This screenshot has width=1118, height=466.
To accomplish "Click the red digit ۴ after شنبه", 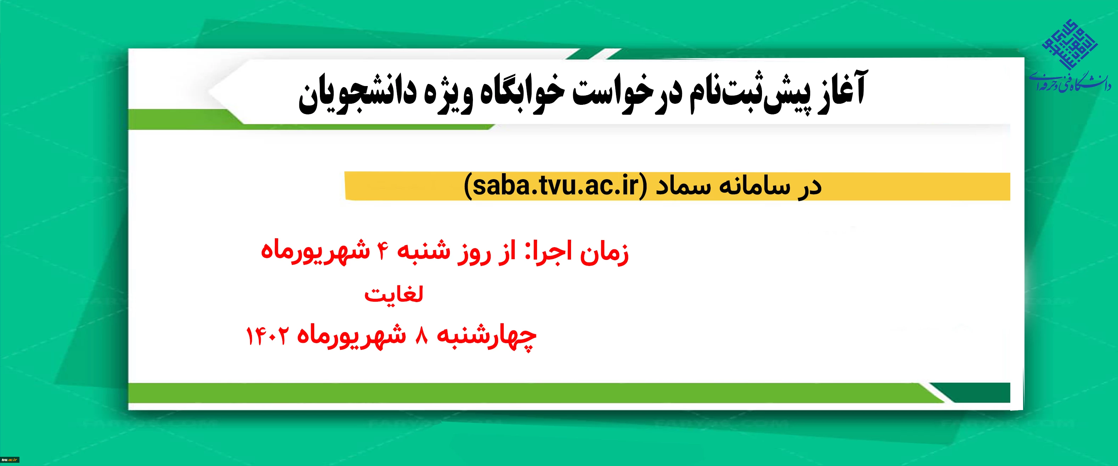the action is click(382, 251).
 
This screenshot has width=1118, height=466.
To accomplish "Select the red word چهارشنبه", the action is click(486, 337).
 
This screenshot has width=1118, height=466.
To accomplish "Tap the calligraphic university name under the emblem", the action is click(1070, 83).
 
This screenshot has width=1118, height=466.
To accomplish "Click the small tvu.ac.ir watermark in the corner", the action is click(10, 460).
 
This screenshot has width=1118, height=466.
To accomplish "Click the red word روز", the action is click(474, 252).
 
